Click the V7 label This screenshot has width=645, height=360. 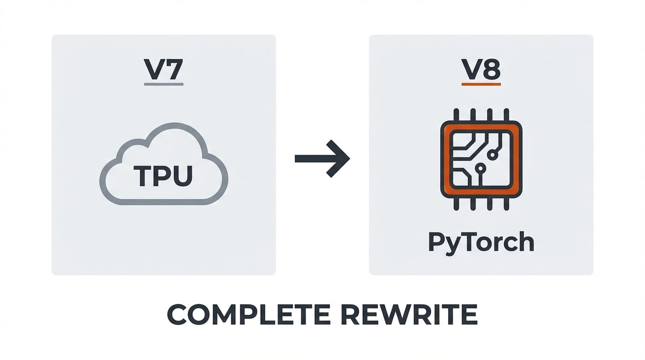[164, 69]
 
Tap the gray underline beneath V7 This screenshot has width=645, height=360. [164, 84]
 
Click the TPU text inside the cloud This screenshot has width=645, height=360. [163, 176]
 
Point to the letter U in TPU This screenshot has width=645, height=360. [181, 176]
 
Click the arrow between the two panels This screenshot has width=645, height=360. [322, 158]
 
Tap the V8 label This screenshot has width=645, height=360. [481, 69]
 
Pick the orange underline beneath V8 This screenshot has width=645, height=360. [481, 84]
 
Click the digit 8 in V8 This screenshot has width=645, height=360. [491, 69]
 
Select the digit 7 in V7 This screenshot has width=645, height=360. [173, 69]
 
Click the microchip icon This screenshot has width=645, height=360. [481, 159]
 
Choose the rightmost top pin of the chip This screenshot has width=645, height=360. [506, 114]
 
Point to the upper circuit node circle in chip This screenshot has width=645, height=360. [493, 154]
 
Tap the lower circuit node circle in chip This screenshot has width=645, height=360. [479, 167]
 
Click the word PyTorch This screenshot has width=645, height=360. [481, 242]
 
